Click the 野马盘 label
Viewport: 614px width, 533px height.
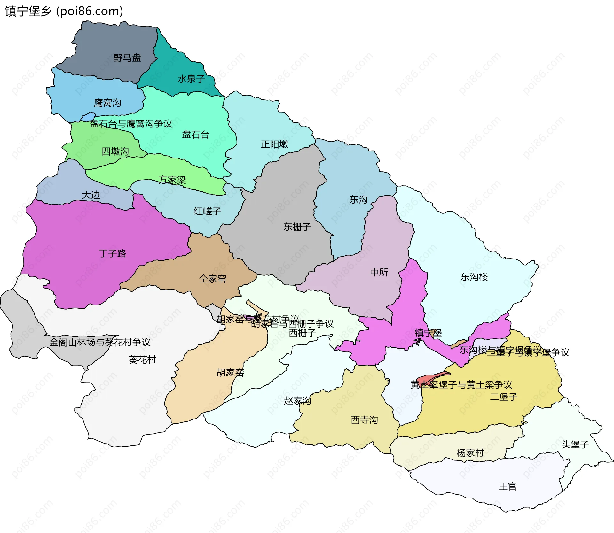pyautogui.click(x=127, y=58)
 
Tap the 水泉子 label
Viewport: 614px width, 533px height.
pyautogui.click(x=191, y=79)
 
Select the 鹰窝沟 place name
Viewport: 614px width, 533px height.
pyautogui.click(x=107, y=103)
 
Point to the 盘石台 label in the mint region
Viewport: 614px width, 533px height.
pyautogui.click(x=195, y=135)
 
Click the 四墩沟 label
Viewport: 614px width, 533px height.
pyautogui.click(x=115, y=151)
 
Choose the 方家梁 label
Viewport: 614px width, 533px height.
pyautogui.click(x=172, y=180)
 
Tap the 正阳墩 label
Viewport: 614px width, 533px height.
pyautogui.click(x=274, y=144)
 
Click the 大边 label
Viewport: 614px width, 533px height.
pyautogui.click(x=91, y=195)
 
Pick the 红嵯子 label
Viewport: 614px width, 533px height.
pyautogui.click(x=207, y=211)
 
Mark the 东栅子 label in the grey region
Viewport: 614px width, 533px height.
pyautogui.click(x=297, y=227)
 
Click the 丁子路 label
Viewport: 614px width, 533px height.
pyautogui.click(x=112, y=253)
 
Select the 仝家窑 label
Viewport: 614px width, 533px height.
pyautogui.click(x=212, y=279)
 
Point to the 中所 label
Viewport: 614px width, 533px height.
pyautogui.click(x=379, y=272)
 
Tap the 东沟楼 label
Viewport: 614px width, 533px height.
pyautogui.click(x=474, y=277)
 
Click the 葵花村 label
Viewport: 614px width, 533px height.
pyautogui.click(x=142, y=360)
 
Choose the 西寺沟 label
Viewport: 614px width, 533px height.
pyautogui.click(x=364, y=420)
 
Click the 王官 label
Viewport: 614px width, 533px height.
pyautogui.click(x=508, y=486)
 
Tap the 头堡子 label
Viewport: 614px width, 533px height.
pyautogui.click(x=575, y=444)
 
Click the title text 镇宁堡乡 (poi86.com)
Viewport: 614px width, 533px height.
pyautogui.click(x=64, y=11)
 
